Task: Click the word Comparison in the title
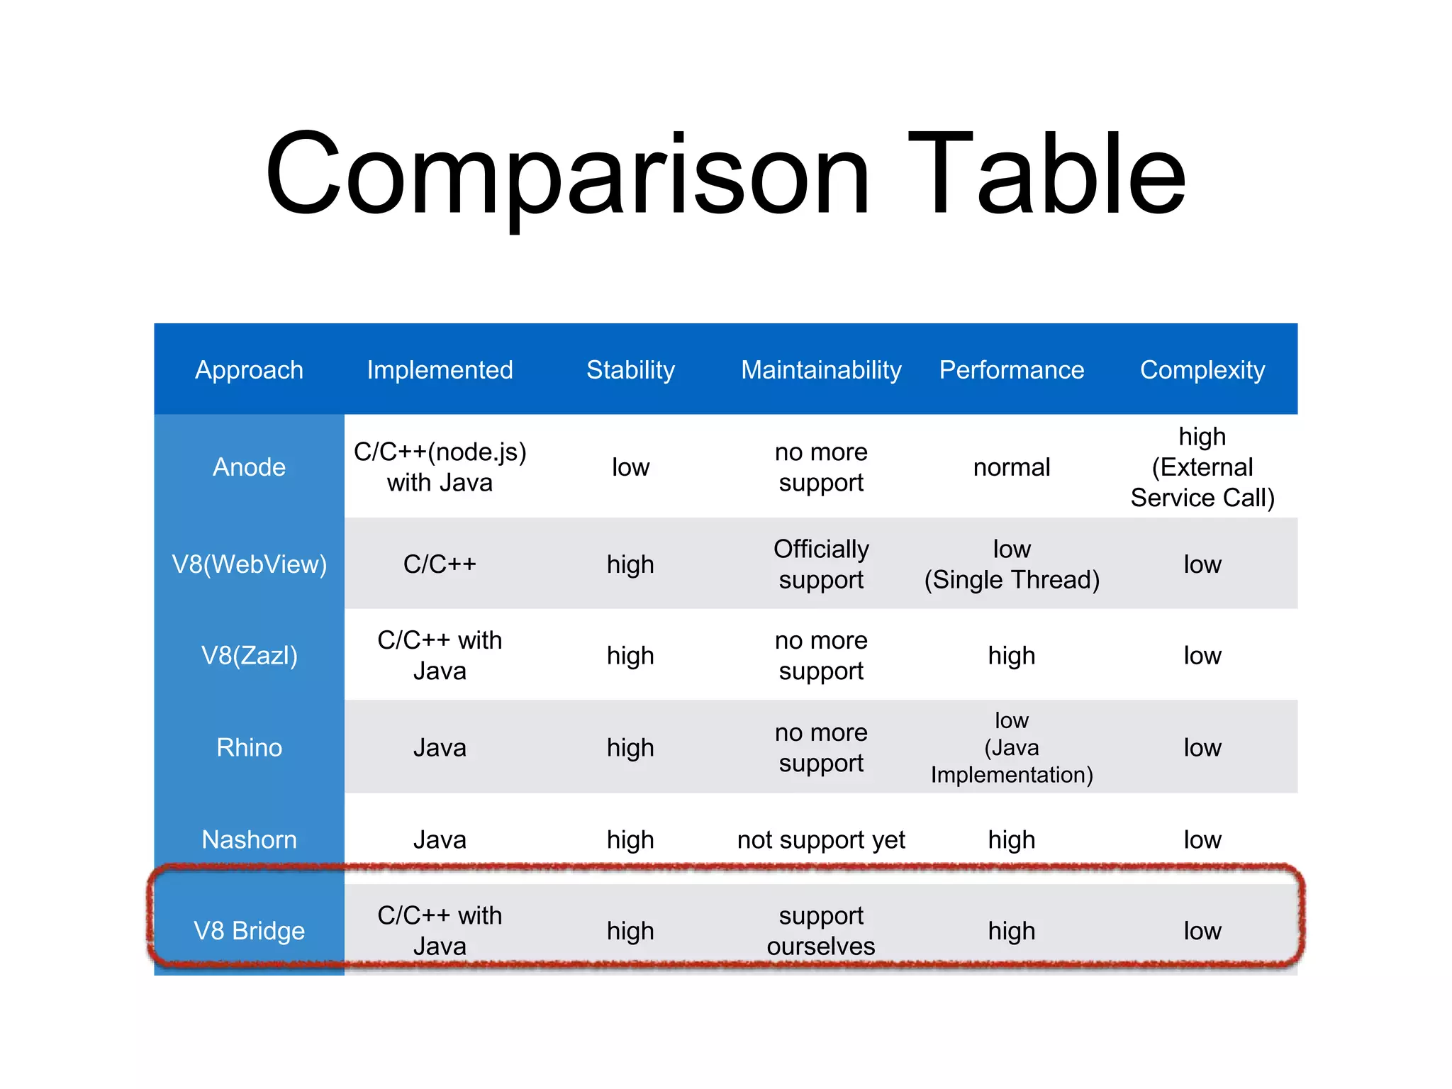tap(567, 174)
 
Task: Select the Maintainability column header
tap(821, 370)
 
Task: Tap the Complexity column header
tap(1202, 370)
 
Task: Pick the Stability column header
tap(630, 370)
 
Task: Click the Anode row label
tap(249, 467)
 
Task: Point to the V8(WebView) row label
tap(249, 564)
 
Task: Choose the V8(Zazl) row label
tap(249, 656)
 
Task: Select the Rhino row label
tap(249, 748)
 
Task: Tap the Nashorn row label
tap(249, 840)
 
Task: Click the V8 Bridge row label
tap(249, 931)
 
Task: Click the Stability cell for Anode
tap(630, 467)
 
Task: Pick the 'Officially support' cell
tap(821, 564)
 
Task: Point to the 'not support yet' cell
tap(821, 840)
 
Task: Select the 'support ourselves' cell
tap(821, 931)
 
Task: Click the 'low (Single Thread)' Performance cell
tap(1012, 564)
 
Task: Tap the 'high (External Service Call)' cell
tap(1202, 467)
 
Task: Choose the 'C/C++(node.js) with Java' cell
tap(440, 467)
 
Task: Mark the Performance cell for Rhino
tap(1012, 748)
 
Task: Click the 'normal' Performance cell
tap(1012, 467)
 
